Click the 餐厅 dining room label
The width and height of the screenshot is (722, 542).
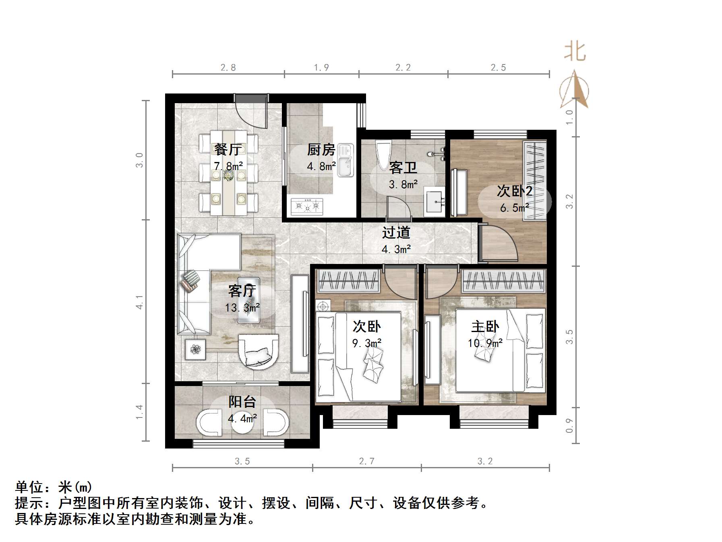(228, 150)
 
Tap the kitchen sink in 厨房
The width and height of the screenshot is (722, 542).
(345, 160)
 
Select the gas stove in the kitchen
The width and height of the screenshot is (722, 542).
(307, 206)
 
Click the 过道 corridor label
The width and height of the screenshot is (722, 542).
(396, 233)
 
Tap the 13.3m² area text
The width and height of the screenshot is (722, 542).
(242, 308)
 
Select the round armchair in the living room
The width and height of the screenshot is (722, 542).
(258, 351)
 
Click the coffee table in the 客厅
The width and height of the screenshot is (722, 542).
(248, 300)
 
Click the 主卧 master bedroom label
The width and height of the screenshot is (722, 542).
(485, 326)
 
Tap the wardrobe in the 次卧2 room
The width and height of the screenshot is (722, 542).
(535, 180)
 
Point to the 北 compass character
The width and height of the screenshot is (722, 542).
(575, 52)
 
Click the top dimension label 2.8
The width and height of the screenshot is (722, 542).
(228, 68)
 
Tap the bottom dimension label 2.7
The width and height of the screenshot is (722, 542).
(366, 461)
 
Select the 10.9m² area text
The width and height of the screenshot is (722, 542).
(485, 343)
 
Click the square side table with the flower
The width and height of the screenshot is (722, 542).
(195, 349)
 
